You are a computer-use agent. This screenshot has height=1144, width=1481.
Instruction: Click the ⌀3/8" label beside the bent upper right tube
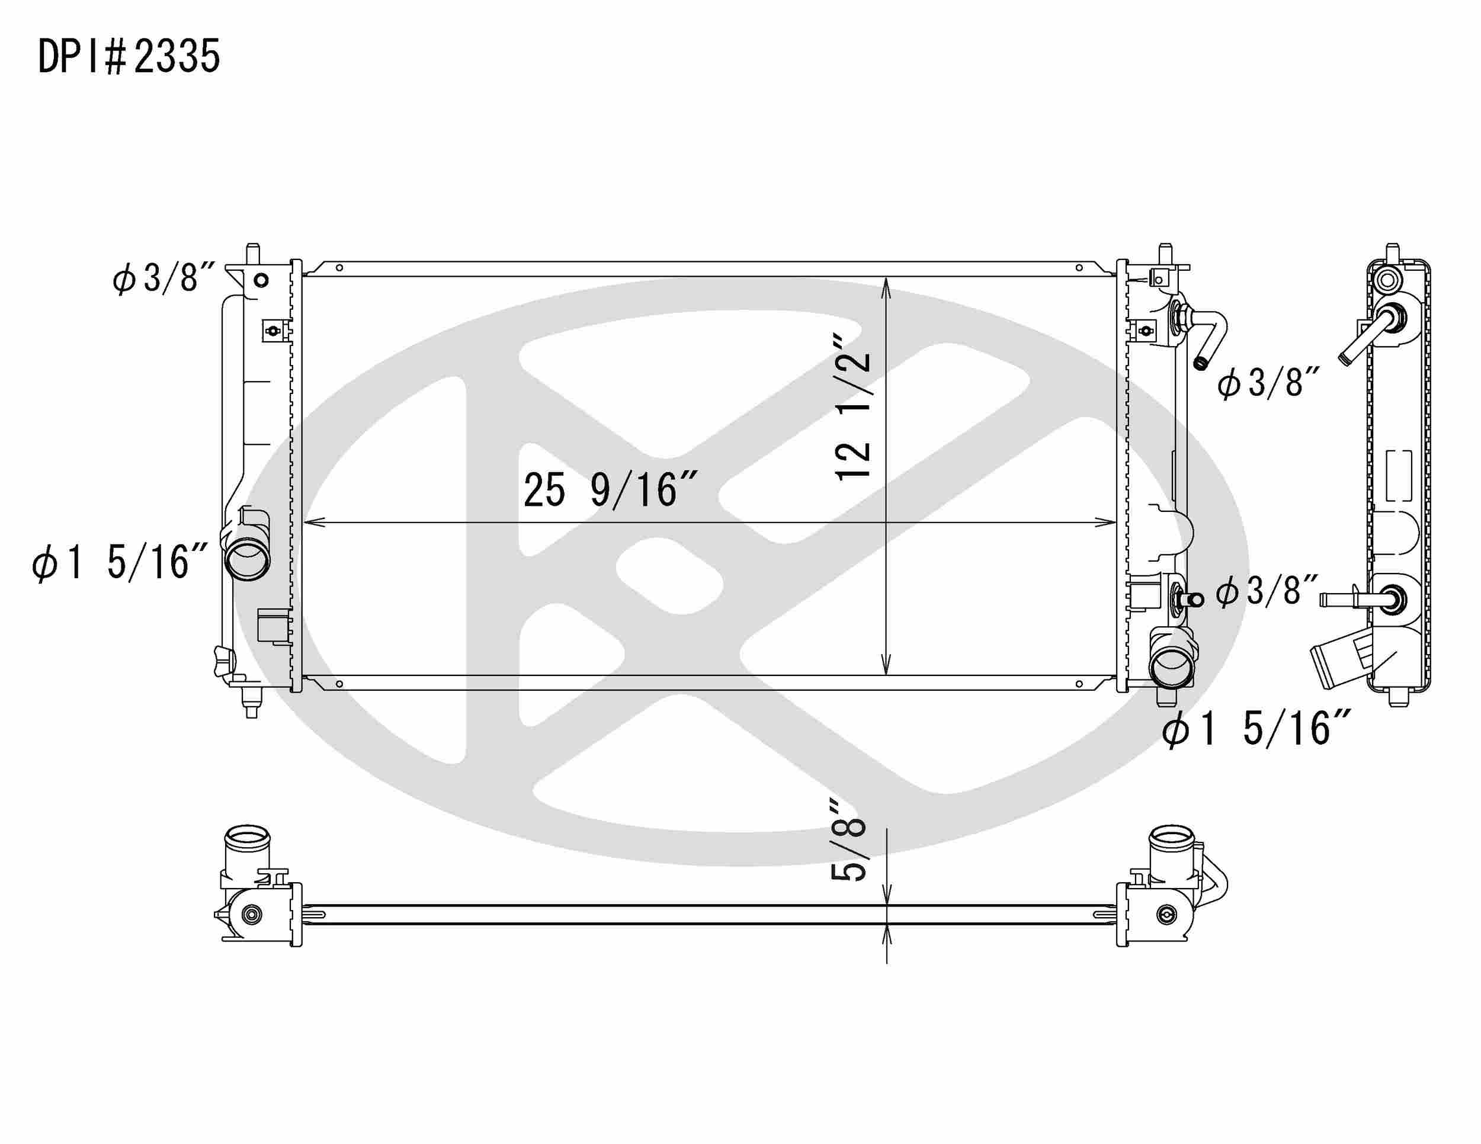(x=1269, y=383)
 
